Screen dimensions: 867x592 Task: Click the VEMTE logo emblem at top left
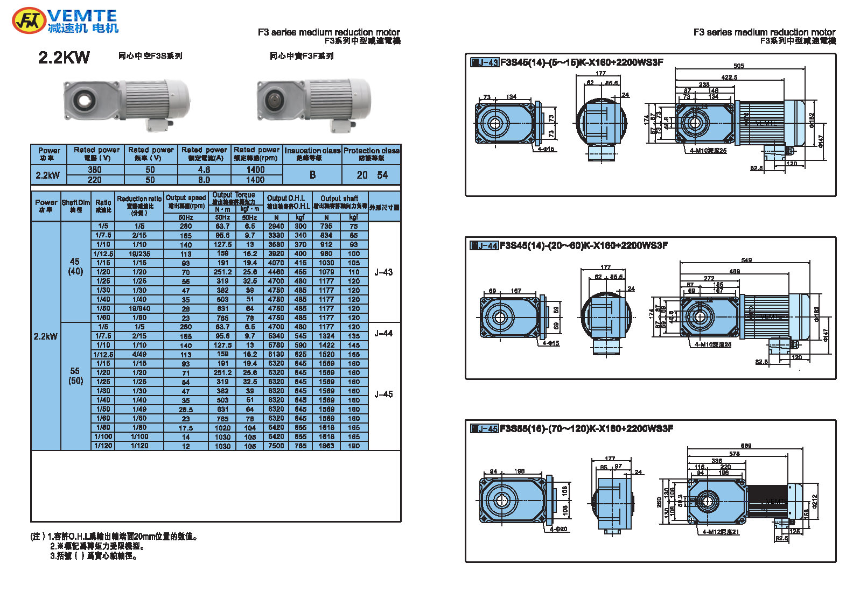(x=28, y=21)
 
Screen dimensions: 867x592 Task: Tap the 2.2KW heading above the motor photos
(x=64, y=58)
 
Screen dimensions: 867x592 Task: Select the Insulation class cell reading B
(x=312, y=175)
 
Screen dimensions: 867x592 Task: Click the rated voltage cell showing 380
(x=95, y=170)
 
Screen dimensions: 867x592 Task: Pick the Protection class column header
(x=371, y=154)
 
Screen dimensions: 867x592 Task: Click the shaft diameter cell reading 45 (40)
(x=75, y=267)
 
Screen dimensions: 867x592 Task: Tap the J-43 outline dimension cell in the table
(x=383, y=272)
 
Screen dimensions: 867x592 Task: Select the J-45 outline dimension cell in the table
(x=383, y=394)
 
